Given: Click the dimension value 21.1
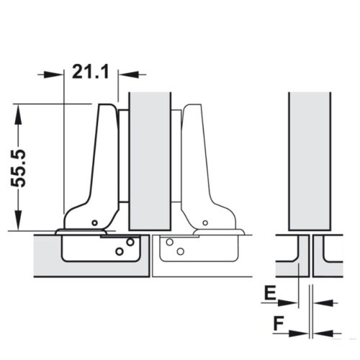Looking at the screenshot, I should pyautogui.click(x=90, y=72).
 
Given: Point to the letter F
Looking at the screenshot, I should pyautogui.click(x=277, y=323).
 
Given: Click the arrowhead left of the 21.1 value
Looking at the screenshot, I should pyautogui.click(x=55, y=73).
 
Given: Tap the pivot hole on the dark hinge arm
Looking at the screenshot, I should pyautogui.click(x=94, y=222).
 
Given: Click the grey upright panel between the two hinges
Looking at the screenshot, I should pyautogui.click(x=150, y=158).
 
